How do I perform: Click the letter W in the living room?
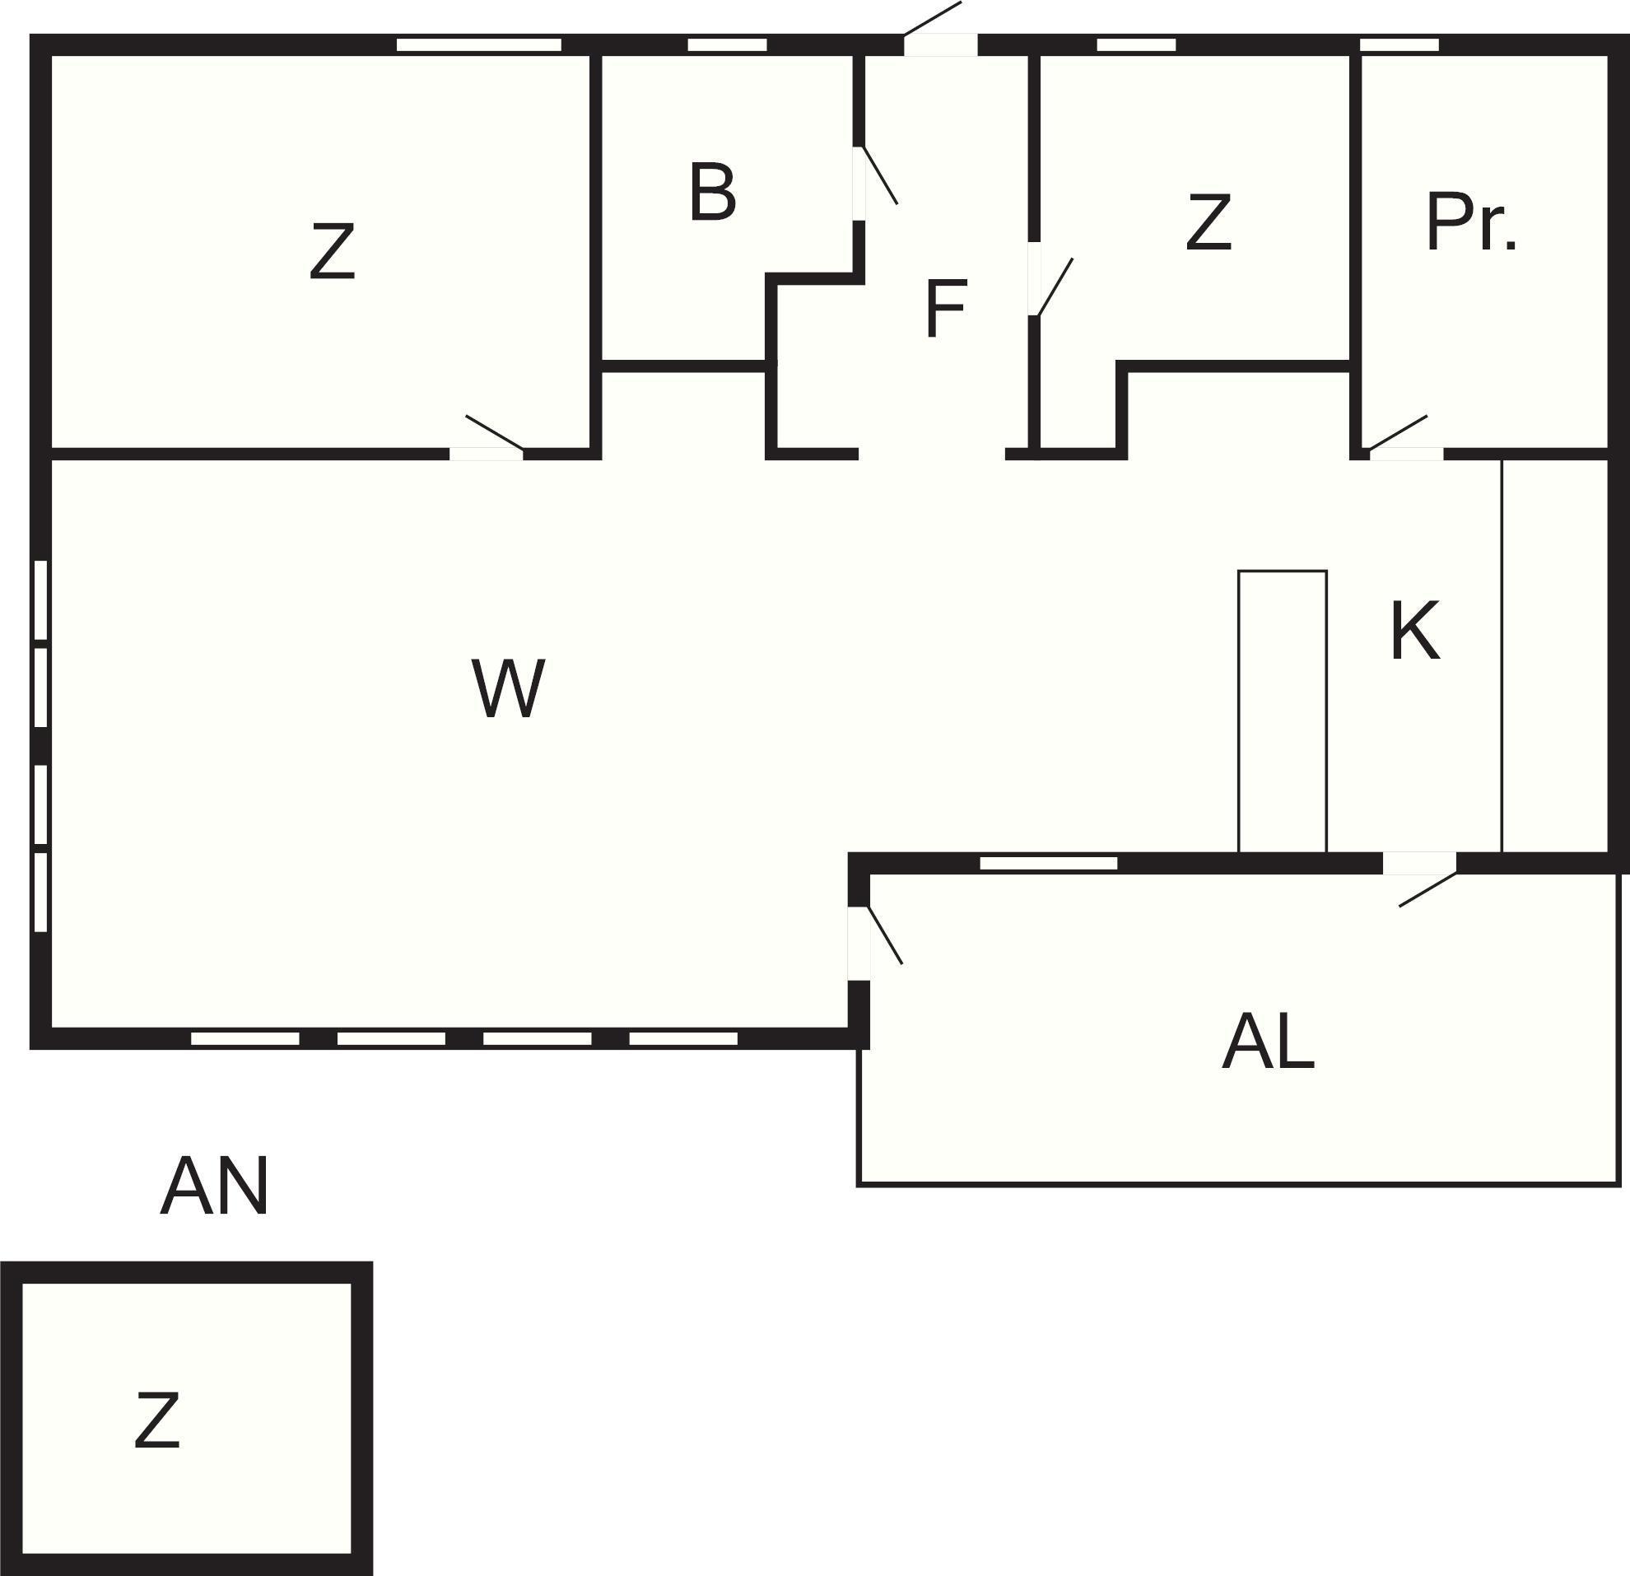508,688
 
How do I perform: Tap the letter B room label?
713,193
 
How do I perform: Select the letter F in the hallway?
946,310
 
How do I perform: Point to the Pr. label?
1470,222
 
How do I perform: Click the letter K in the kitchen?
1414,632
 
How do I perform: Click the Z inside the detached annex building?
157,1421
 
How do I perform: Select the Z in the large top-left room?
332,251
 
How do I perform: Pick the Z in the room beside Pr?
1208,222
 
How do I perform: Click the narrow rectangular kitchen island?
1282,711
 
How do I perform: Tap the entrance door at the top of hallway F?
933,29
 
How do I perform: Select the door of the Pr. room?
1399,438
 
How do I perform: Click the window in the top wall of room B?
727,45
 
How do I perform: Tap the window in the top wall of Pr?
1399,45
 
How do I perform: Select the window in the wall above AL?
1048,863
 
